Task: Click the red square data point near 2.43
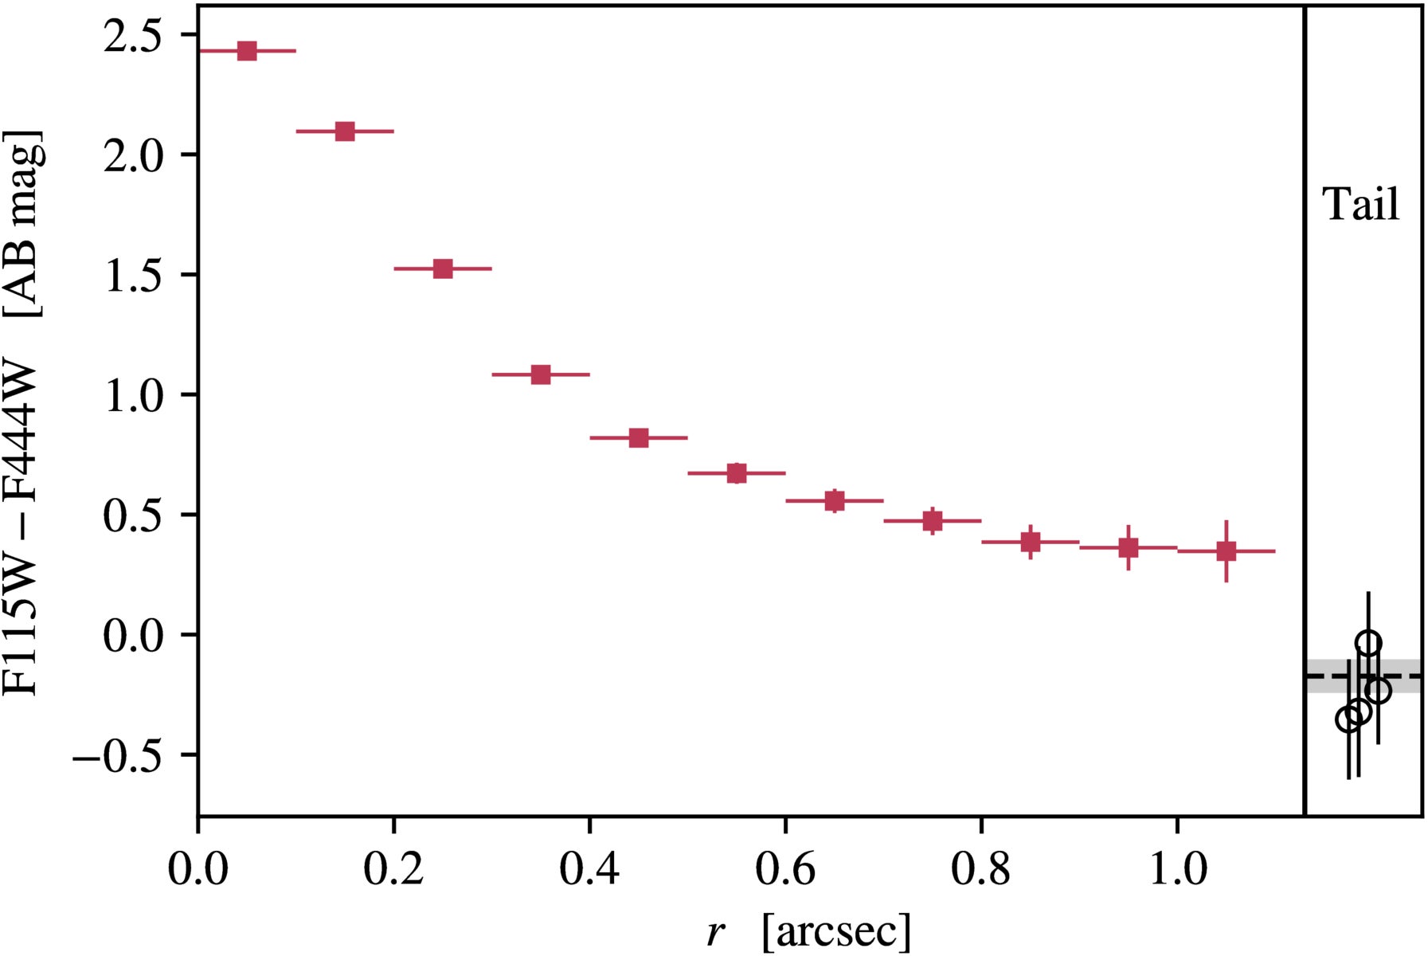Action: (247, 51)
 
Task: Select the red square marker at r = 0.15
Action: (345, 131)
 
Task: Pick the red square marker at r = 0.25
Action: (443, 268)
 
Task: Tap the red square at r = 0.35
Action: (541, 374)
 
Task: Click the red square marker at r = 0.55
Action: (737, 473)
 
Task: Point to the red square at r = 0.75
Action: (933, 521)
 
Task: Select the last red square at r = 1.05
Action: (1227, 550)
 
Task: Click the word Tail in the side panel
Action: (1360, 205)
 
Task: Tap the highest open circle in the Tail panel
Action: (1368, 643)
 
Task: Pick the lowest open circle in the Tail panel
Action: (1349, 719)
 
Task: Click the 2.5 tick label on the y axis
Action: (134, 36)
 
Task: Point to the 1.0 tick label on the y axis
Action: (134, 396)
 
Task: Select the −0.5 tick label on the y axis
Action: (118, 755)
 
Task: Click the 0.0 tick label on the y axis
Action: (134, 636)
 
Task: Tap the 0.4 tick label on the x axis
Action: (589, 868)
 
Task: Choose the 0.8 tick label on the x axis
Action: (980, 868)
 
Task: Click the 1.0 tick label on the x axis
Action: (1177, 868)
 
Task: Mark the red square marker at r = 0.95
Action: (1129, 547)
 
